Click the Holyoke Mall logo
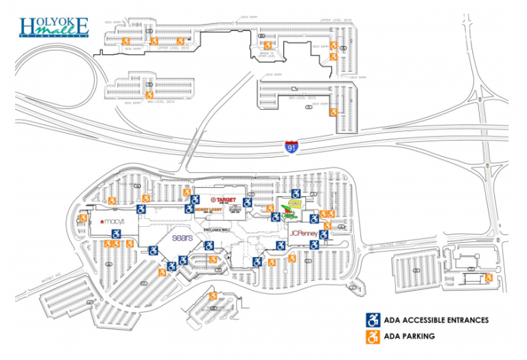click(x=54, y=27)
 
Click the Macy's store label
click(x=113, y=221)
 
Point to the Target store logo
click(x=225, y=201)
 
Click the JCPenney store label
click(x=304, y=234)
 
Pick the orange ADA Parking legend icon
click(x=373, y=337)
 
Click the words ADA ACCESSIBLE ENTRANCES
click(x=437, y=320)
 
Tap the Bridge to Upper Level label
click(x=268, y=54)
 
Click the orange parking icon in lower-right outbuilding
click(x=489, y=277)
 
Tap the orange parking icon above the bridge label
click(x=268, y=46)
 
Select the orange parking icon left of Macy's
click(x=83, y=218)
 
